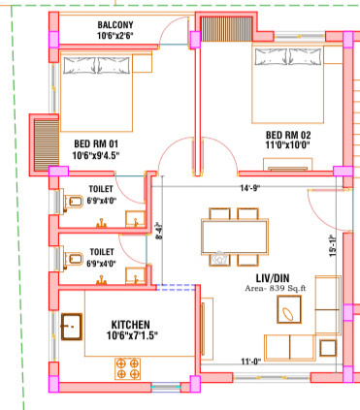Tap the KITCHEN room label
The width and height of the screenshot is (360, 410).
click(x=134, y=324)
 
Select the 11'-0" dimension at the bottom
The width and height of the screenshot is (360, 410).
click(x=252, y=363)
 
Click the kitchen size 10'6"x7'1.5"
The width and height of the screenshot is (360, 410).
click(x=134, y=336)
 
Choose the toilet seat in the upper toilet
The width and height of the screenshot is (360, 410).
click(x=72, y=202)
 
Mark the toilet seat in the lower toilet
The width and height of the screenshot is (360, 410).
click(x=72, y=258)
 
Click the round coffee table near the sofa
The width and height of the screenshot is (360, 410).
click(x=289, y=311)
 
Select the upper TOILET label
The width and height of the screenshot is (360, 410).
click(x=101, y=189)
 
